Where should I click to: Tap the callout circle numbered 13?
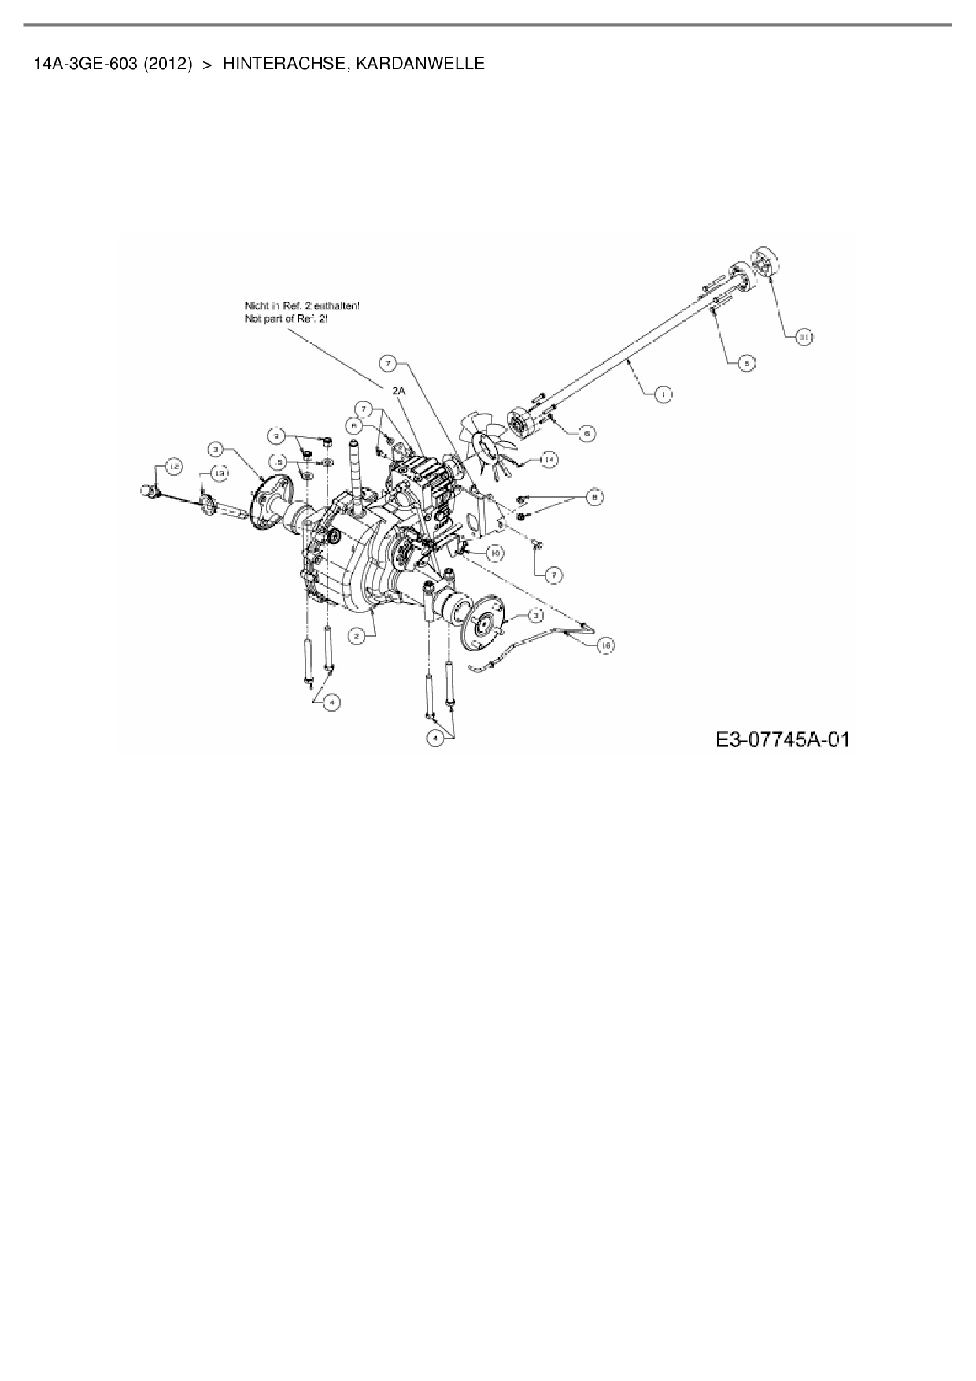tap(220, 473)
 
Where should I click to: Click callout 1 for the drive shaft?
tap(664, 394)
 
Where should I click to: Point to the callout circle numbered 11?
tap(804, 337)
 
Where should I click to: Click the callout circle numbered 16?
tap(605, 645)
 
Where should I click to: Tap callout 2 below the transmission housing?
tap(357, 636)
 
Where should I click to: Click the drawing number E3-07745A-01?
tap(782, 740)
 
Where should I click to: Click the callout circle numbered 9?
tap(276, 434)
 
